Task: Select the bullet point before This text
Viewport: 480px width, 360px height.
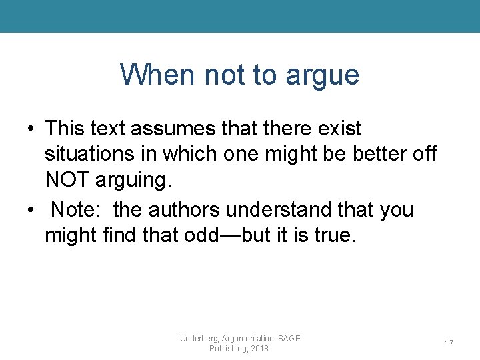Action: (x=31, y=129)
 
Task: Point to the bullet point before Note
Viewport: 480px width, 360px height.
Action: (x=31, y=210)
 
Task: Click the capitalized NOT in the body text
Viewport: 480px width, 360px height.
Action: (x=68, y=179)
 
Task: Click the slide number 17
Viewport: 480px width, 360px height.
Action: (x=449, y=343)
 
